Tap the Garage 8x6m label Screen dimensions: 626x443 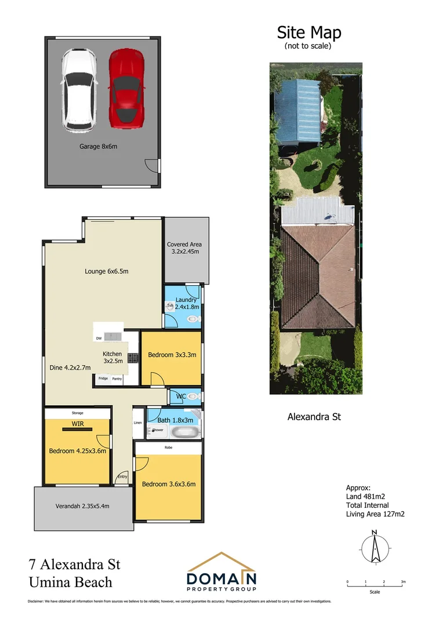coord(98,147)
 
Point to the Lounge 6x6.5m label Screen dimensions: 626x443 coord(106,271)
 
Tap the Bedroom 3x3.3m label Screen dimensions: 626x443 coord(171,355)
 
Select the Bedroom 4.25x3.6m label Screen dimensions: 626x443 coord(77,451)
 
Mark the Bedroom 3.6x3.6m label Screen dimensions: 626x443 coord(168,484)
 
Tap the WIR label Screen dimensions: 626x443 coord(78,424)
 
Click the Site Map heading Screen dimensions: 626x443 coord(308,32)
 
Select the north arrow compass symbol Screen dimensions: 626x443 coord(375,547)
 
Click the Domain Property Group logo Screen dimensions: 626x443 coord(221,572)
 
